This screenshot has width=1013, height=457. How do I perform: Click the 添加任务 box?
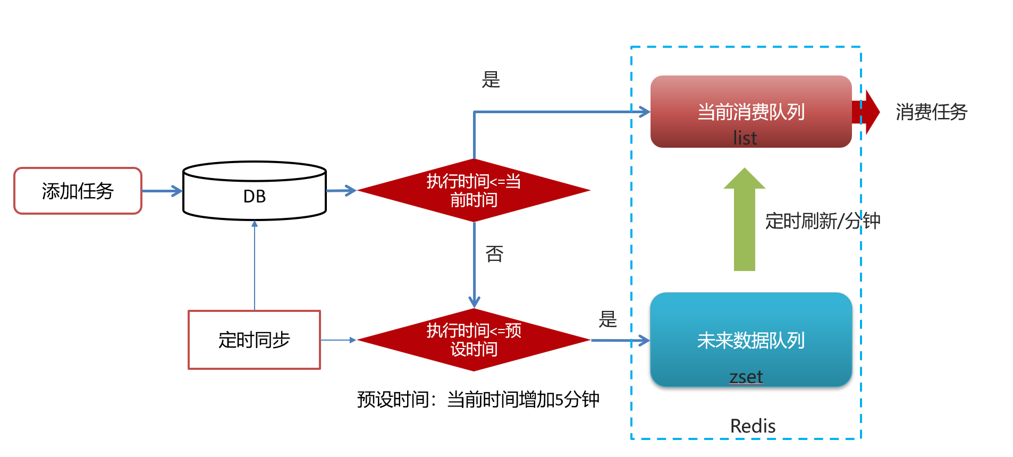[x=78, y=191]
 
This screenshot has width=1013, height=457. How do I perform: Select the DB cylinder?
[x=254, y=196]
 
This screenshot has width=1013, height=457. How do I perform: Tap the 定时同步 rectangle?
[x=254, y=340]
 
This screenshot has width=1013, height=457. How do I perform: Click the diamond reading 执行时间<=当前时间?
[x=474, y=190]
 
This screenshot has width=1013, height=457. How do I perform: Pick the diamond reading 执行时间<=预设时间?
[x=474, y=340]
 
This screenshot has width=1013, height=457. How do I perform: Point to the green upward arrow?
[x=744, y=223]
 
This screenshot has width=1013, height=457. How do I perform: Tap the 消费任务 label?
[x=931, y=112]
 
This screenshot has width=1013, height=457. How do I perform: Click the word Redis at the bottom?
[x=753, y=426]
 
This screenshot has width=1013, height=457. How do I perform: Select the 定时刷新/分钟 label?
[x=822, y=221]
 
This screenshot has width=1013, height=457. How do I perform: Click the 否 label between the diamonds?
[x=494, y=254]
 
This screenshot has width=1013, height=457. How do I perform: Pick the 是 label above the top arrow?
[x=491, y=80]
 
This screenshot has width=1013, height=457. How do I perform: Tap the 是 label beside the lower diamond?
[x=607, y=319]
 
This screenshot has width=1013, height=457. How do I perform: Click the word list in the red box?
[x=745, y=138]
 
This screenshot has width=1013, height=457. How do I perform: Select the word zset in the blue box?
[x=746, y=376]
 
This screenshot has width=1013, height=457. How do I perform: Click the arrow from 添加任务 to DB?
[x=162, y=191]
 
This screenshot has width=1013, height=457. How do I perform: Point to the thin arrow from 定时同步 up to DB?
[x=255, y=266]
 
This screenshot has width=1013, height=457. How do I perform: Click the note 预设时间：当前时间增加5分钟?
[x=478, y=399]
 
